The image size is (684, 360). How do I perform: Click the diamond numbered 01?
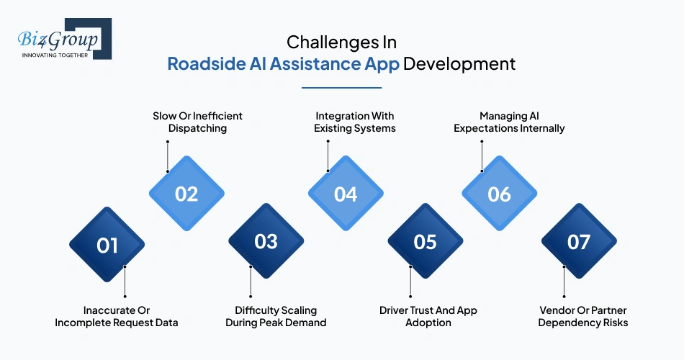pos(107,245)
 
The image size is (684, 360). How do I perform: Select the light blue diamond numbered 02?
pos(186,194)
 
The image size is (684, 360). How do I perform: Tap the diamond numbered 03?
pos(266,242)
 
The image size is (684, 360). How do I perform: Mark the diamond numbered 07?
pos(579,242)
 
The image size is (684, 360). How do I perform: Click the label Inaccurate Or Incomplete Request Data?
pos(117,317)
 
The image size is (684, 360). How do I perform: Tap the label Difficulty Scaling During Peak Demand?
pos(276,317)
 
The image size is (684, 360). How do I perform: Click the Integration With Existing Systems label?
pos(354,122)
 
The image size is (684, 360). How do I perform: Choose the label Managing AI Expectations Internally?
pos(512,122)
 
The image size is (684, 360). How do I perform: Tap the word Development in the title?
pos(459,63)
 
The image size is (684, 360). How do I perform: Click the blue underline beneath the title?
pos(341,88)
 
